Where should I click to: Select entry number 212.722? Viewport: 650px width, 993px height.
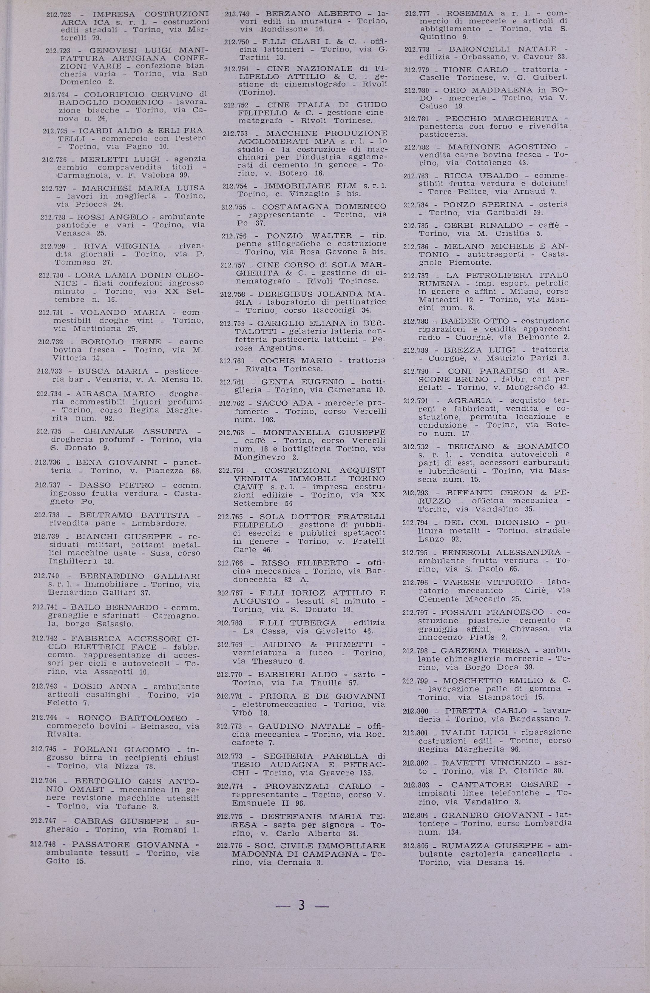click(58, 14)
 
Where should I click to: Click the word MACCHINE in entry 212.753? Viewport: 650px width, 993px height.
click(292, 133)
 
